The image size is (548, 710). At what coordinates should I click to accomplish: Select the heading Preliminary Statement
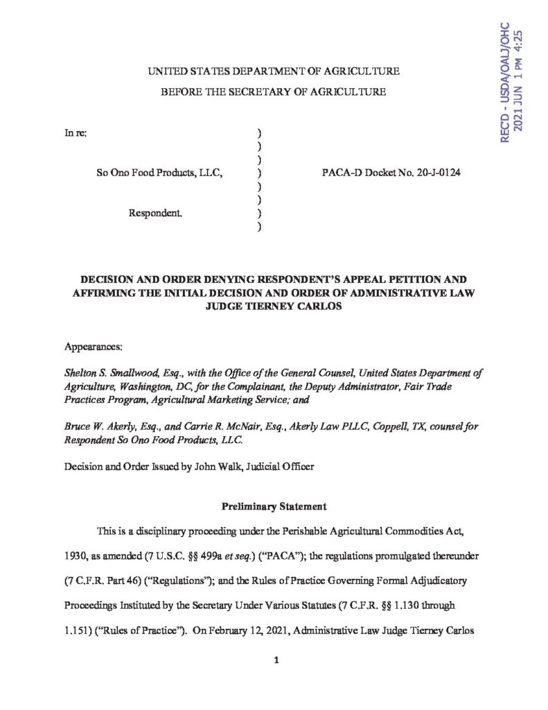pos(274,506)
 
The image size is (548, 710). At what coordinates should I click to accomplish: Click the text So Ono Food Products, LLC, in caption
pos(159,173)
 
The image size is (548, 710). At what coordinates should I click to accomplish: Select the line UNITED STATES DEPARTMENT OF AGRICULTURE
pos(274,71)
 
